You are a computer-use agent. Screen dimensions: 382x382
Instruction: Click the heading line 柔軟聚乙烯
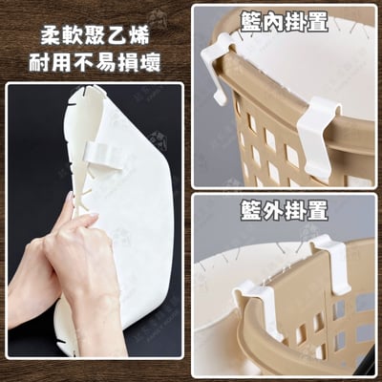pyautogui.click(x=95, y=37)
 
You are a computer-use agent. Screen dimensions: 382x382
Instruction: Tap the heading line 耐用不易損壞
pyautogui.click(x=95, y=64)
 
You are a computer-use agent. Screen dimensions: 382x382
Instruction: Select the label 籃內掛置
pyautogui.click(x=284, y=23)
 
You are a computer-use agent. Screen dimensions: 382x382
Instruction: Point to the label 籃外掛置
pyautogui.click(x=284, y=211)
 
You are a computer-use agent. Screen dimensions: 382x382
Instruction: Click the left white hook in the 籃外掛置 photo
pyautogui.click(x=258, y=308)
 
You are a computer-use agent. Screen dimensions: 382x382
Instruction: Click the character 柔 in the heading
pyautogui.click(x=51, y=37)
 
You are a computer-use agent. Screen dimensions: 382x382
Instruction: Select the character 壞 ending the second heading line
pyautogui.click(x=151, y=64)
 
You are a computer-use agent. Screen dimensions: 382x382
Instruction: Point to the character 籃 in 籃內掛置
pyautogui.click(x=251, y=23)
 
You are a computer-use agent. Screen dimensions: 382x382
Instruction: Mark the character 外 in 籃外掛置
pyautogui.click(x=273, y=211)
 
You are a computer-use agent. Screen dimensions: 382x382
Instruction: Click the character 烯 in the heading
pyautogui.click(x=139, y=37)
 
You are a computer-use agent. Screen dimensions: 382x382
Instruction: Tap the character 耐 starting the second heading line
pyautogui.click(x=39, y=64)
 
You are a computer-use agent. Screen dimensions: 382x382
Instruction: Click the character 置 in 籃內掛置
pyautogui.click(x=317, y=23)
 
